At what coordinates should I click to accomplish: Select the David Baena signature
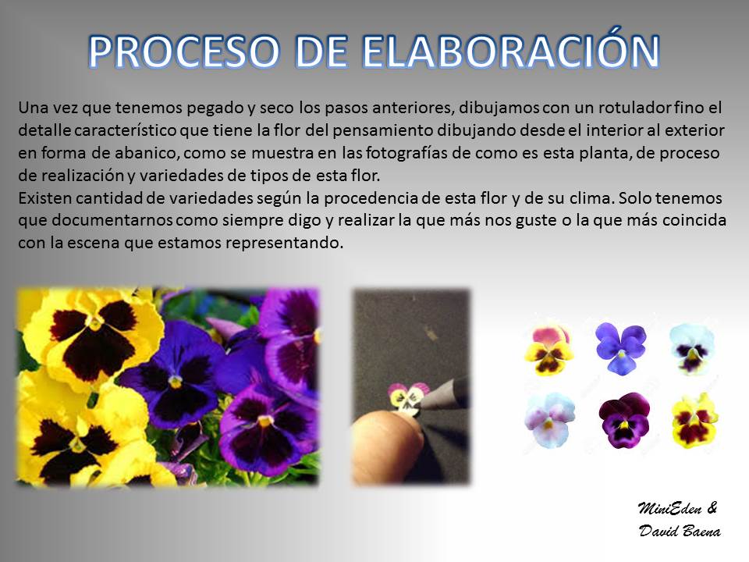(x=680, y=531)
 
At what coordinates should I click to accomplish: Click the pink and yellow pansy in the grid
(x=548, y=349)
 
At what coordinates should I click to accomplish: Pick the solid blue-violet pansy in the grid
(x=620, y=347)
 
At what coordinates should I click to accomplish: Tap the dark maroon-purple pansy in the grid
(x=624, y=421)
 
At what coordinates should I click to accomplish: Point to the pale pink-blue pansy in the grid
(x=550, y=420)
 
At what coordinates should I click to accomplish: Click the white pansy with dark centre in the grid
(x=692, y=349)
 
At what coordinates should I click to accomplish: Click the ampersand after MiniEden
(x=712, y=507)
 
